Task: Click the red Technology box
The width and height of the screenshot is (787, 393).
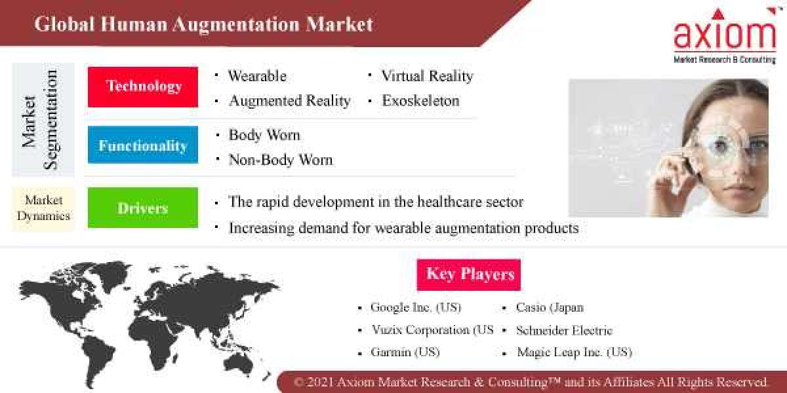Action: point(143,86)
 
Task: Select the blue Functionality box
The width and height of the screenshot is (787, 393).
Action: point(143,145)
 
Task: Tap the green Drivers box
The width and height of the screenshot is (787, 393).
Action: point(143,208)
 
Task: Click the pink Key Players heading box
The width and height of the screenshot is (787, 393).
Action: point(469,274)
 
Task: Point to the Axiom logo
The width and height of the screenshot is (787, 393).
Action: point(725,36)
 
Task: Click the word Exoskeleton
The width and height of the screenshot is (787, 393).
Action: point(420,101)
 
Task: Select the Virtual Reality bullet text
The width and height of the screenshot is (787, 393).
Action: point(427,76)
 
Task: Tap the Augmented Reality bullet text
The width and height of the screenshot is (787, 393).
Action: point(289,101)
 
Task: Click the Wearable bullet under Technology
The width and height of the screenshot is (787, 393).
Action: point(257,76)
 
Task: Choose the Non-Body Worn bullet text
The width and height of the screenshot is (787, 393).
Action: point(280,160)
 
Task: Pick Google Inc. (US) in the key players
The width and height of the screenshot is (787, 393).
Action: point(416,307)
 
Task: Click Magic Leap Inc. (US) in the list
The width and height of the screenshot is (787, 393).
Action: point(574,352)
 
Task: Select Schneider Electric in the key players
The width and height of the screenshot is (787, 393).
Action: point(564,330)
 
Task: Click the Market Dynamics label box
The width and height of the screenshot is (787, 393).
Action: point(43,208)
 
